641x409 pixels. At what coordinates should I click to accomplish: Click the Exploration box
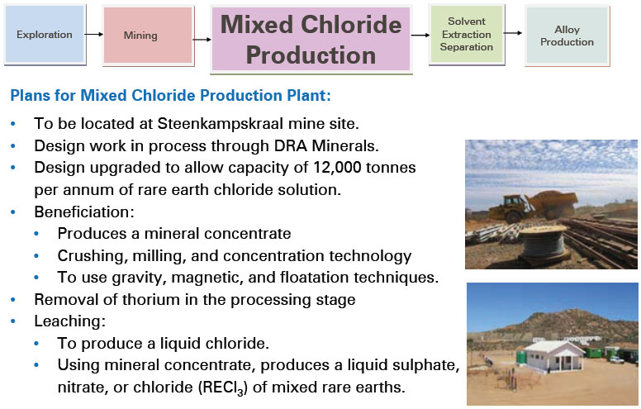click(x=45, y=35)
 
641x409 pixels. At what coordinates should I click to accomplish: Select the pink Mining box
click(x=148, y=36)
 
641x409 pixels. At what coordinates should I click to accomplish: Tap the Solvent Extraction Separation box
click(x=467, y=35)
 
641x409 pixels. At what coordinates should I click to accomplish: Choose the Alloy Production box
click(x=567, y=36)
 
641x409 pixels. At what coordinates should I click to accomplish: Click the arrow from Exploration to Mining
click(x=94, y=35)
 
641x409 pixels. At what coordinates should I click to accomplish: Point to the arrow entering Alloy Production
click(x=513, y=33)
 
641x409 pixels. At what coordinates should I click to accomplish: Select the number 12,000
click(x=337, y=168)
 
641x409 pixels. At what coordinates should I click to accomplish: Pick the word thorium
click(x=154, y=299)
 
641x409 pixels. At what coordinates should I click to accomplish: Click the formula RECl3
click(x=223, y=388)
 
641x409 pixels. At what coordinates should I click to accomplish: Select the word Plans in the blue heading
click(x=30, y=95)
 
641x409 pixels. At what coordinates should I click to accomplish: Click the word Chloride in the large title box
click(x=351, y=25)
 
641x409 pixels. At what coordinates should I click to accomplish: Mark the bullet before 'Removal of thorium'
click(x=13, y=300)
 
